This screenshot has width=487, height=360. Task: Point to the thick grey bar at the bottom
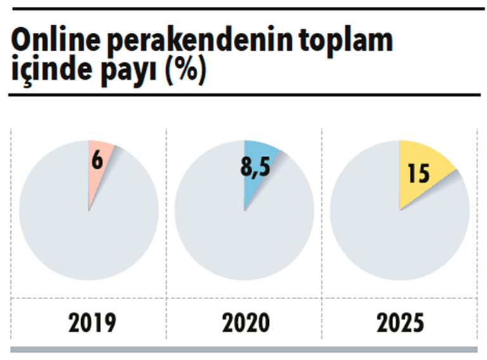243,349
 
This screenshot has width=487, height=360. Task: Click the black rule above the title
243,10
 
